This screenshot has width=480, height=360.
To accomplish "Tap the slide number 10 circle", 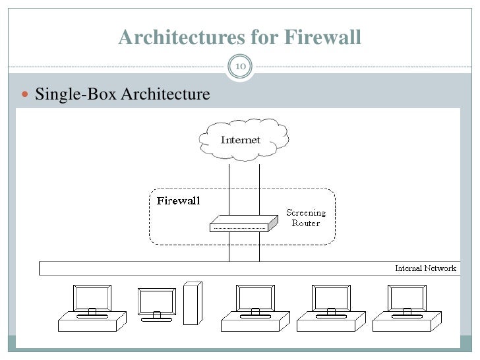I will point(240,67).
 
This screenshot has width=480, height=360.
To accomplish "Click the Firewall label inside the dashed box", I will point(178,201).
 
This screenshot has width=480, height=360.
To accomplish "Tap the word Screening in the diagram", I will point(305,212).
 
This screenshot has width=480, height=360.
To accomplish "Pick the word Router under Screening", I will point(305,223).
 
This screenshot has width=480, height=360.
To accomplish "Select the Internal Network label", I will point(425,268).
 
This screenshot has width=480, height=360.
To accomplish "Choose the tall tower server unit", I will point(191,303).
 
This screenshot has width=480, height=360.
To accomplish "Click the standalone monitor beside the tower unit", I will point(157,304).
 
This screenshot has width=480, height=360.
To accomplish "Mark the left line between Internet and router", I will point(229,188).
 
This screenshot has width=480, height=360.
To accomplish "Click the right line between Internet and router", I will point(258,188).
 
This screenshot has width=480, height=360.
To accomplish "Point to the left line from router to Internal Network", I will point(229,247).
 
